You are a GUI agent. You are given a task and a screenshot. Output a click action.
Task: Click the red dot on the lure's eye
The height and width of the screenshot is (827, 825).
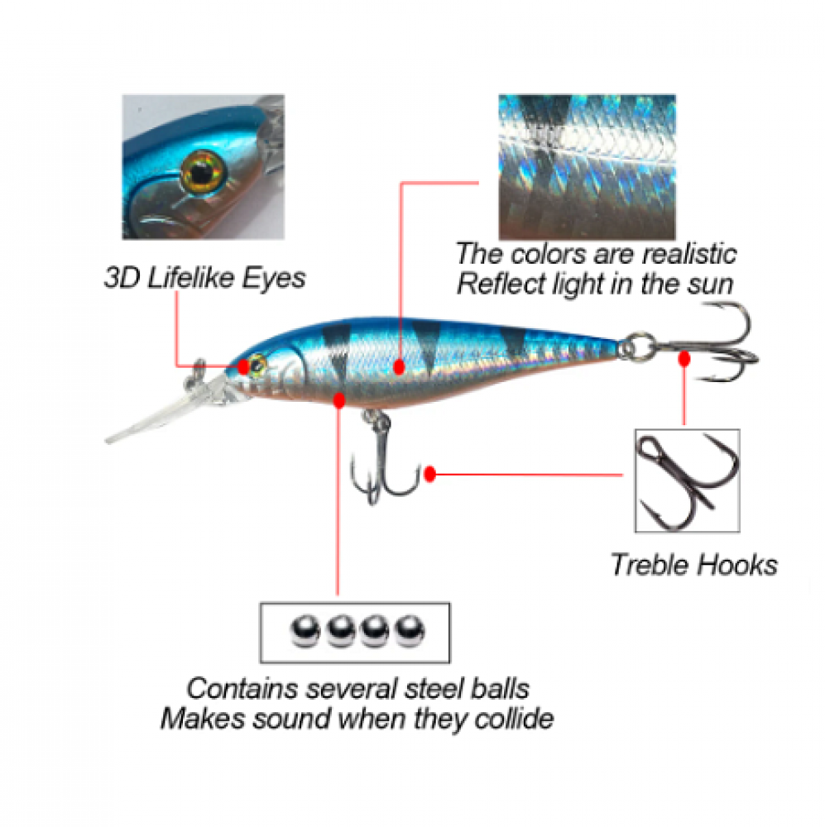click(243, 366)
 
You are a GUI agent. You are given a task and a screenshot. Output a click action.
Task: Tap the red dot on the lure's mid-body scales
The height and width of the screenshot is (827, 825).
click(399, 366)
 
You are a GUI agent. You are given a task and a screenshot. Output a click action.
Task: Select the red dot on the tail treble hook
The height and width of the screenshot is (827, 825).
click(684, 359)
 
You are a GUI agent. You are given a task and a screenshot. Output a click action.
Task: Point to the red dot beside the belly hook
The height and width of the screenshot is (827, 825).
click(430, 474)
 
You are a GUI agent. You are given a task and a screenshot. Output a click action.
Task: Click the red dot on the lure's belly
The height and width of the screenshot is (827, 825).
click(339, 400)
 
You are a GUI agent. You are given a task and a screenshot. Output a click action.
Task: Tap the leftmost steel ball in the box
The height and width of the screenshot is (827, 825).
click(305, 630)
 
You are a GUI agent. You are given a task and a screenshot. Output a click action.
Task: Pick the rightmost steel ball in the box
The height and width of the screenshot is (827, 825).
click(410, 630)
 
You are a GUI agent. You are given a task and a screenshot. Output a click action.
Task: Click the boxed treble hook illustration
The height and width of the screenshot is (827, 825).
click(688, 480)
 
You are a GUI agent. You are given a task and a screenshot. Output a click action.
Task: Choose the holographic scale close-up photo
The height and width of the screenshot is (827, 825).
click(587, 167)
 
